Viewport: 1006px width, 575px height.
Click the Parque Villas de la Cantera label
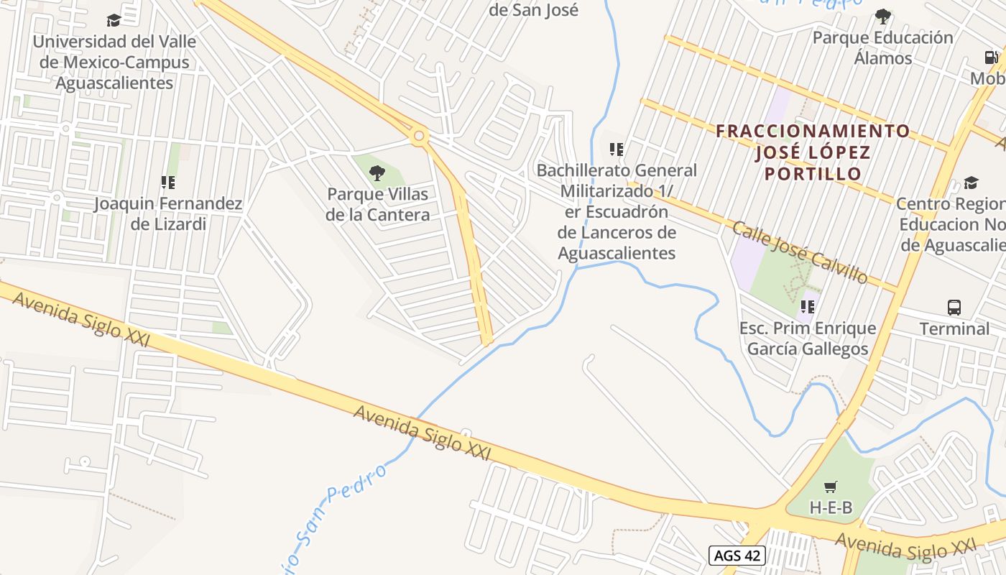[377, 204]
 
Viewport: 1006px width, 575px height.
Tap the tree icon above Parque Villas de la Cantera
[377, 173]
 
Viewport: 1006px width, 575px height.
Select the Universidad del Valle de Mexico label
[114, 62]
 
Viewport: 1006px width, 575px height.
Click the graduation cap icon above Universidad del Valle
[114, 20]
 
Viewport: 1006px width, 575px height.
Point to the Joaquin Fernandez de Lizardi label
[168, 213]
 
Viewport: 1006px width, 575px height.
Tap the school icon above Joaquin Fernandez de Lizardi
[168, 183]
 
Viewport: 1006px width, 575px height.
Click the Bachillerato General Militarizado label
[617, 211]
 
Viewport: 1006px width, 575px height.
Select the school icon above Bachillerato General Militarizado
[616, 149]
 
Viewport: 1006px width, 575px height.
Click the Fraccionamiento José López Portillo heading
[813, 152]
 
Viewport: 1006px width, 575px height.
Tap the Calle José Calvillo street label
[799, 252]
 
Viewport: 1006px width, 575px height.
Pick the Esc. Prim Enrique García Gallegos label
[808, 339]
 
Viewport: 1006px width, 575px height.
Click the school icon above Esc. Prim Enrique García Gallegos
[808, 307]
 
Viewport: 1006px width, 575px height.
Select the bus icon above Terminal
[954, 308]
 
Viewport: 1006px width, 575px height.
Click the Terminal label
[954, 329]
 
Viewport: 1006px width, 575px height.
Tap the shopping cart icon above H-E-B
[831, 487]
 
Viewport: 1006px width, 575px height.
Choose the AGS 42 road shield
[737, 555]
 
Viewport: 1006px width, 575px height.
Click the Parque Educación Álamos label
[882, 47]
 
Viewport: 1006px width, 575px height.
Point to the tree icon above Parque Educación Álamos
[882, 16]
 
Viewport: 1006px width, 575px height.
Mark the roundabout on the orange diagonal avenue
[418, 135]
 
